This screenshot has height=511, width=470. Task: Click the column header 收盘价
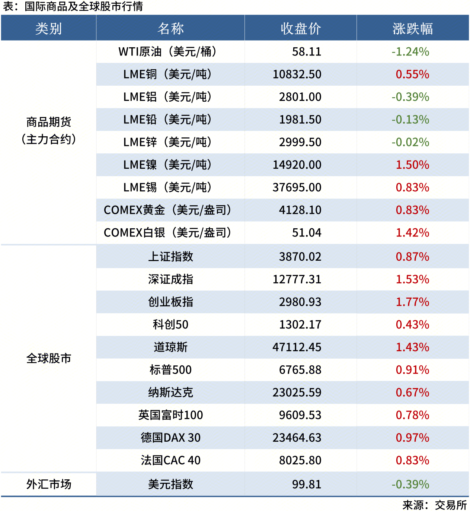click(300, 28)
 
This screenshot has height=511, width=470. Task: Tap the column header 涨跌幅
click(412, 28)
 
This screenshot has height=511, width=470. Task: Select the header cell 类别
click(48, 28)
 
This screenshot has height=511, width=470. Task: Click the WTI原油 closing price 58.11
click(306, 52)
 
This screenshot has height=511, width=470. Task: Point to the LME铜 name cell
click(167, 74)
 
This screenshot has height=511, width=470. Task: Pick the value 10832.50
click(297, 74)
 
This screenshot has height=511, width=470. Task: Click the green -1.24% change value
click(410, 52)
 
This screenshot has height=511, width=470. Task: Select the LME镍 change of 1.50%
click(412, 165)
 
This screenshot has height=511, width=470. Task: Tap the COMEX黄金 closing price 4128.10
click(300, 210)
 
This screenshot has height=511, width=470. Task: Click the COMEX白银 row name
click(167, 233)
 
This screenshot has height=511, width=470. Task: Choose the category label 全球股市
click(48, 358)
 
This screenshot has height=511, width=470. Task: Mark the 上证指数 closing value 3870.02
click(300, 257)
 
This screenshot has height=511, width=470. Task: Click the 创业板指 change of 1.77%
click(412, 302)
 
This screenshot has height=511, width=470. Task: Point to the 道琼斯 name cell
click(170, 347)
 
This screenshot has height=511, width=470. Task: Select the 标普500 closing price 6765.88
click(300, 370)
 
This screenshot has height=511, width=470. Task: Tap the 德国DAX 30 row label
click(170, 438)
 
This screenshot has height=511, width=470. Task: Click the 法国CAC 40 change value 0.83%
click(412, 460)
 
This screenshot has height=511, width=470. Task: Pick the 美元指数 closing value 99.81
click(306, 484)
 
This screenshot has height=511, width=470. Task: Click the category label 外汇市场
click(48, 484)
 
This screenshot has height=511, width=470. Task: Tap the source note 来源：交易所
click(434, 505)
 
